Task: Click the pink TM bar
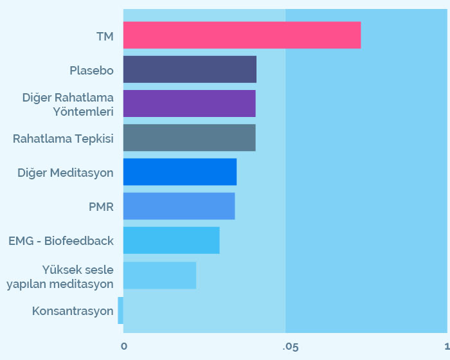click(242, 35)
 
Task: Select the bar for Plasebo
click(190, 69)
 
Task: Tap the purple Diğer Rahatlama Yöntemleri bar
click(189, 104)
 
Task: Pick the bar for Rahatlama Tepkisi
click(189, 138)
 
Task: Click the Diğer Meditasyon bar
click(180, 172)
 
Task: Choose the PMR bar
click(179, 206)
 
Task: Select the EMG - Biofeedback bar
click(171, 240)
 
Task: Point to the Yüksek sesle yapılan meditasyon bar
click(159, 275)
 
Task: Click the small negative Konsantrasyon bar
click(120, 310)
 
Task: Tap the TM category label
click(105, 37)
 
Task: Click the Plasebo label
click(91, 70)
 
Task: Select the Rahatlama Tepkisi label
click(63, 138)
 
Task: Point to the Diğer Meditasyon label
click(66, 173)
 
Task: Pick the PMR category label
click(101, 207)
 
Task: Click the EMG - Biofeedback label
click(61, 241)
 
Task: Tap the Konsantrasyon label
click(73, 311)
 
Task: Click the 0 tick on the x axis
click(124, 346)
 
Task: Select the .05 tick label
click(291, 346)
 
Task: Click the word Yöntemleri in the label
click(83, 111)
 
